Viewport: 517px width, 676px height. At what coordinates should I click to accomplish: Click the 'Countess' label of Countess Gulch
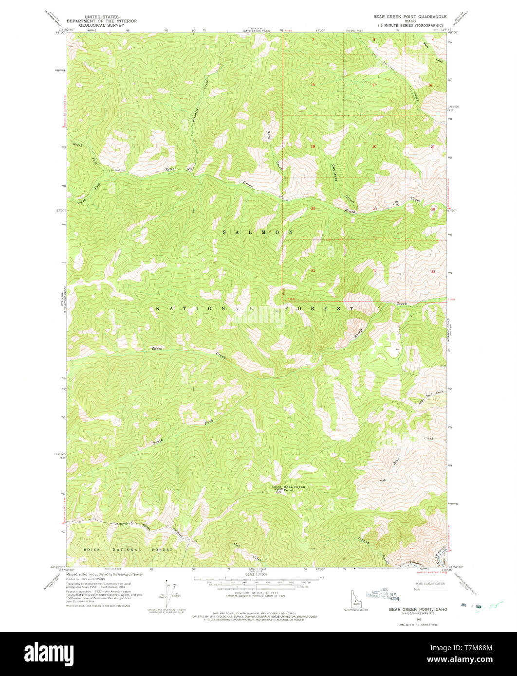(335, 173)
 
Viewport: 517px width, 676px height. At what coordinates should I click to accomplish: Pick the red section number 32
(374, 271)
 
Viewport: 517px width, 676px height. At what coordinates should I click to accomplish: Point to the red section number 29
(374, 209)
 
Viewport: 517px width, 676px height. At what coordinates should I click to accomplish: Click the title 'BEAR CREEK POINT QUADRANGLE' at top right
(409, 17)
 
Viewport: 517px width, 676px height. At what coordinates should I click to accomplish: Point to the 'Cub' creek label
(237, 545)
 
